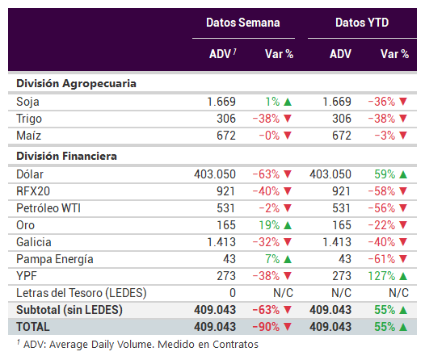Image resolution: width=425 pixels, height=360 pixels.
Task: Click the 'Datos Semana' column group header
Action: point(243,23)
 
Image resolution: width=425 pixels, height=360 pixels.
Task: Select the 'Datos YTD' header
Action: point(362,23)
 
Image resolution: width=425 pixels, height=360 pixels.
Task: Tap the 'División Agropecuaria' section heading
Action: point(76,84)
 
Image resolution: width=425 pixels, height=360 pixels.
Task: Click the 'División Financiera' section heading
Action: point(67,156)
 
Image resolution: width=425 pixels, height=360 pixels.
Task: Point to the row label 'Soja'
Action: point(27,102)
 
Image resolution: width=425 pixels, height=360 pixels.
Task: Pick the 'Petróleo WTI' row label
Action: point(48,208)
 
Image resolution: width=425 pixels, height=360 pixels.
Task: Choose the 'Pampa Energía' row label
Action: point(55,259)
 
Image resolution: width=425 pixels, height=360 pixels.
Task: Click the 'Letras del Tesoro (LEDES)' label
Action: point(82,293)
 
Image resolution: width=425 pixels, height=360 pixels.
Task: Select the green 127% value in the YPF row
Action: point(381,276)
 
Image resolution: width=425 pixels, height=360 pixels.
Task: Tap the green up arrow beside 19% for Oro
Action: point(288,225)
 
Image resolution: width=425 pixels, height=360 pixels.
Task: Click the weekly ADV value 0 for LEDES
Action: point(233,293)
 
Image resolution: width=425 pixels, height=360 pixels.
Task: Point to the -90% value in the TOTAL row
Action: point(266,327)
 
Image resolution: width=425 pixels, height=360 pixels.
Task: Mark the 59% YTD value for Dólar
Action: point(385,174)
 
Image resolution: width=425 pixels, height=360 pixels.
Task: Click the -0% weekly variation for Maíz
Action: point(269,136)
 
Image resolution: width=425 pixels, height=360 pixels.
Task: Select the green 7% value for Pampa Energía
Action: point(272,259)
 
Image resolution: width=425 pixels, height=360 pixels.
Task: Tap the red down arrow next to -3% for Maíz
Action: point(403,136)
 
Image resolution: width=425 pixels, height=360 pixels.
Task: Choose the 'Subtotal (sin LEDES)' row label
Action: point(69,310)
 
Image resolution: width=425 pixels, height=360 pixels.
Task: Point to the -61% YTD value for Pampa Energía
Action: point(381,259)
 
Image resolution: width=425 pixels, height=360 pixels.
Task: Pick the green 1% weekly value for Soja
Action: point(272,102)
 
